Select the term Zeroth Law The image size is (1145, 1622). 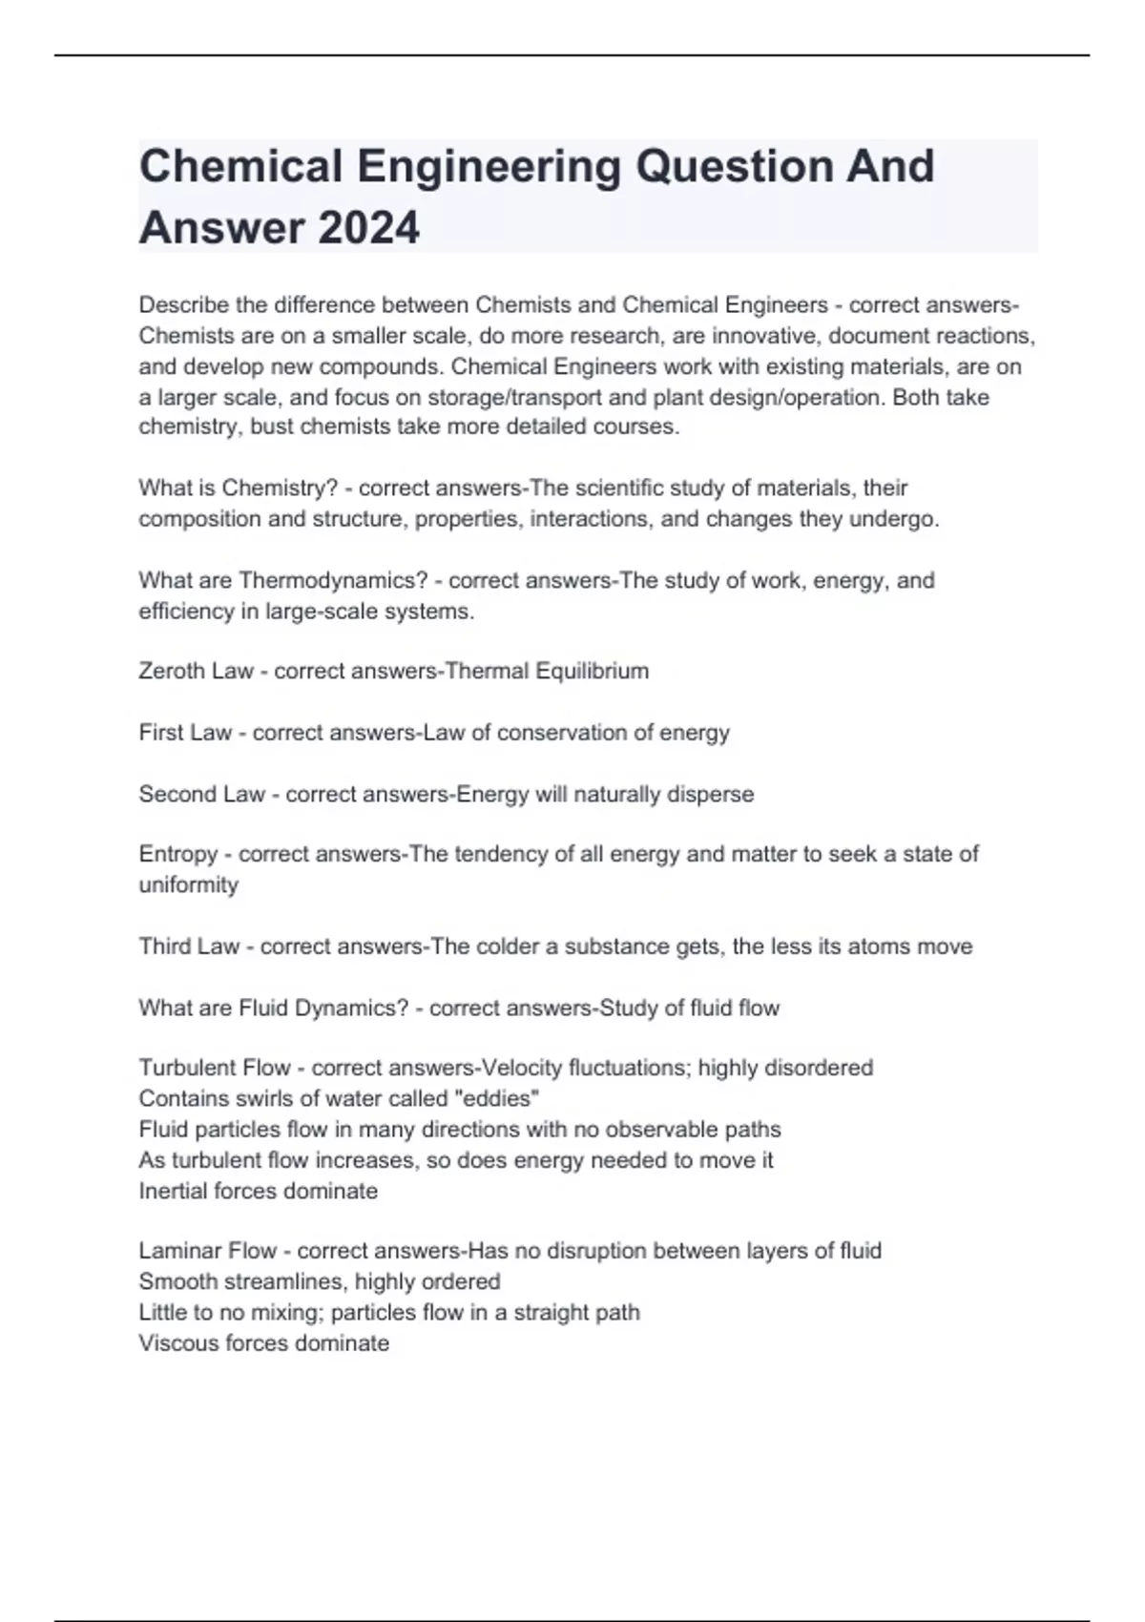point(196,671)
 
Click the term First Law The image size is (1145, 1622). point(185,733)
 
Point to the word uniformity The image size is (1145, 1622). point(188,884)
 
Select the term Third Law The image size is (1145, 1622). point(189,946)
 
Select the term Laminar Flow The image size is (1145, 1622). point(207,1251)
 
